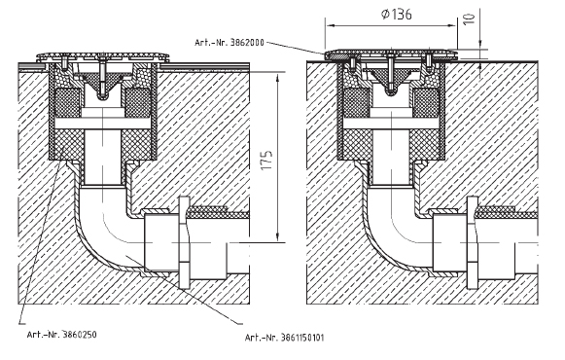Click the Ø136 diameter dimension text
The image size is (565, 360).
396,14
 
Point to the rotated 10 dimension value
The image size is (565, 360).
469,18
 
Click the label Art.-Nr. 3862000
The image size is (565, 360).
230,43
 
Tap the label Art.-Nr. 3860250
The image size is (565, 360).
61,335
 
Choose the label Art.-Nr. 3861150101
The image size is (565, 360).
284,338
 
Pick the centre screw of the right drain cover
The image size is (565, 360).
390,73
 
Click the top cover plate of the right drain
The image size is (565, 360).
391,54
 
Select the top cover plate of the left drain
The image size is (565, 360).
103,56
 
